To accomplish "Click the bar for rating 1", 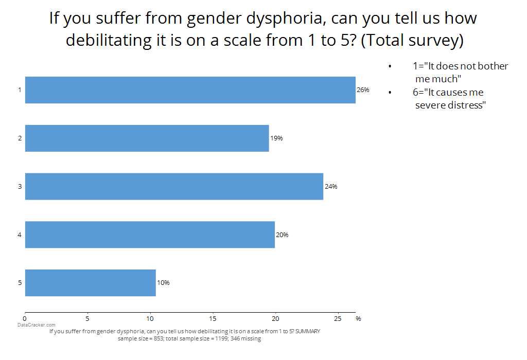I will tap(190, 90).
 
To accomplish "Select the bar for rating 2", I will tap(147, 138).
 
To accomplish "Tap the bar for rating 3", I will tap(174, 186).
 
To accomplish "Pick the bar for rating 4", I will tap(150, 235).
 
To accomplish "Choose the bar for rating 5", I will tap(90, 283).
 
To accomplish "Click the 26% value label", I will tap(363, 90).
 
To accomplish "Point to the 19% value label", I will tap(276, 138).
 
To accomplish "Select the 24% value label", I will tap(331, 186).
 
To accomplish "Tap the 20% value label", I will tap(282, 235).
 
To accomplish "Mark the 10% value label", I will tap(163, 283).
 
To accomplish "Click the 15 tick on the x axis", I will tap(213, 318).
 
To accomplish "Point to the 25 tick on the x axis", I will tap(338, 318).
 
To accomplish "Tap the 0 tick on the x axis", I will tap(25, 318).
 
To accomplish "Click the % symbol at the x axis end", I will tap(358, 319).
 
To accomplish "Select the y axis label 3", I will tap(20, 186).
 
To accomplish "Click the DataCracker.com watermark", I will tap(36, 325).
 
